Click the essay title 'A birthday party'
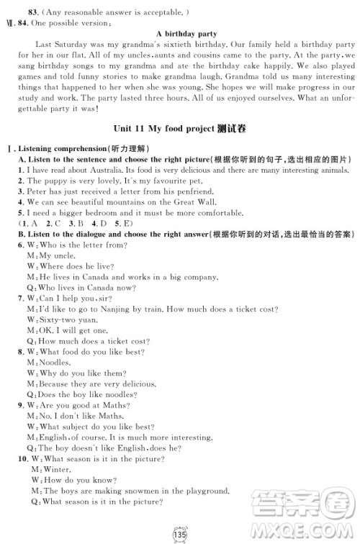pyautogui.click(x=186, y=34)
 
